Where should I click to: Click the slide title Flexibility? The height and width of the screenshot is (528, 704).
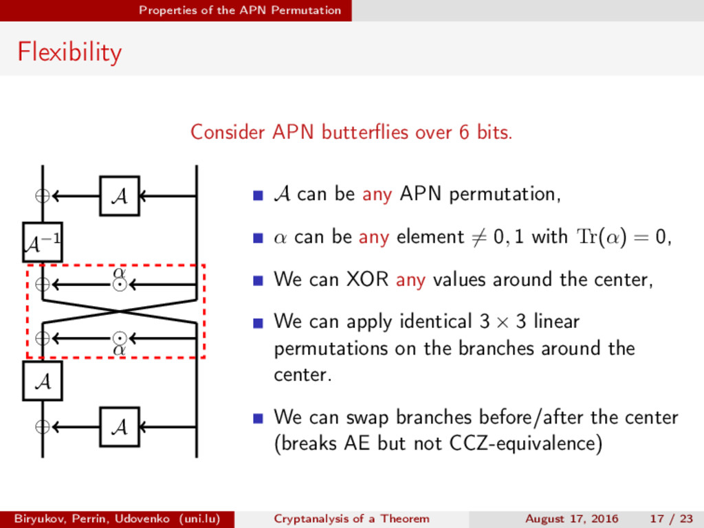(69, 52)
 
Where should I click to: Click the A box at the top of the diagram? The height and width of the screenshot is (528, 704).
(119, 196)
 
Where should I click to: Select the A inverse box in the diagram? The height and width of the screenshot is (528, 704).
(42, 243)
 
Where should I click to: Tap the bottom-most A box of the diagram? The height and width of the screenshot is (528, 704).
(119, 427)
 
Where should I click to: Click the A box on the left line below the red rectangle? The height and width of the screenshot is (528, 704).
(42, 381)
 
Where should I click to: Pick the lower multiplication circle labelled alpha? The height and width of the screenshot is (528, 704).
(120, 338)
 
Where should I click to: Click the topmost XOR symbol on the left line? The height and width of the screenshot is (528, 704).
(43, 196)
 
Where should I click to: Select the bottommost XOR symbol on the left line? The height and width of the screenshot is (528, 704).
(43, 427)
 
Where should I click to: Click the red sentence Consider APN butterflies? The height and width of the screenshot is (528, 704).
(351, 131)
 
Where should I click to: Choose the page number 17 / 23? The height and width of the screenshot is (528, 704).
(670, 518)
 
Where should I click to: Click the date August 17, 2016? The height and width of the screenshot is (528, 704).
(571, 518)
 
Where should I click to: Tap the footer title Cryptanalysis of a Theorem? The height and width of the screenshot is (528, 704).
(351, 518)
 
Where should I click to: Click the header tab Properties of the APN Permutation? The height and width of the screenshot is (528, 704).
(239, 10)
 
